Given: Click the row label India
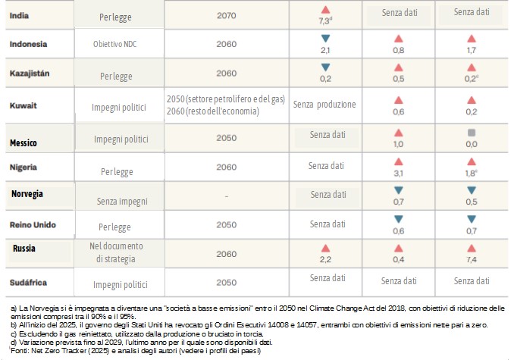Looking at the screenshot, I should pos(20,14).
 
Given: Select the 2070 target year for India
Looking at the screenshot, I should pos(227,14).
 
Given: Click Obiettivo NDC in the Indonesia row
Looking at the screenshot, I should pos(115,43).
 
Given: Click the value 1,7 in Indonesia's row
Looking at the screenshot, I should pos(472,50).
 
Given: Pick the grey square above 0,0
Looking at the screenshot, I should pos(472,132).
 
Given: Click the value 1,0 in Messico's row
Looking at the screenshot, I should pos(398,143).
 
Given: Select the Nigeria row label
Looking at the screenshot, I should pos(25,167).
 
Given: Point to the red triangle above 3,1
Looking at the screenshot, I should pos(398,161).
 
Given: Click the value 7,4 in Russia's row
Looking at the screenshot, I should pos(472,260).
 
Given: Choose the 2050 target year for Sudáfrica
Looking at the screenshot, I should pos(227,282).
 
